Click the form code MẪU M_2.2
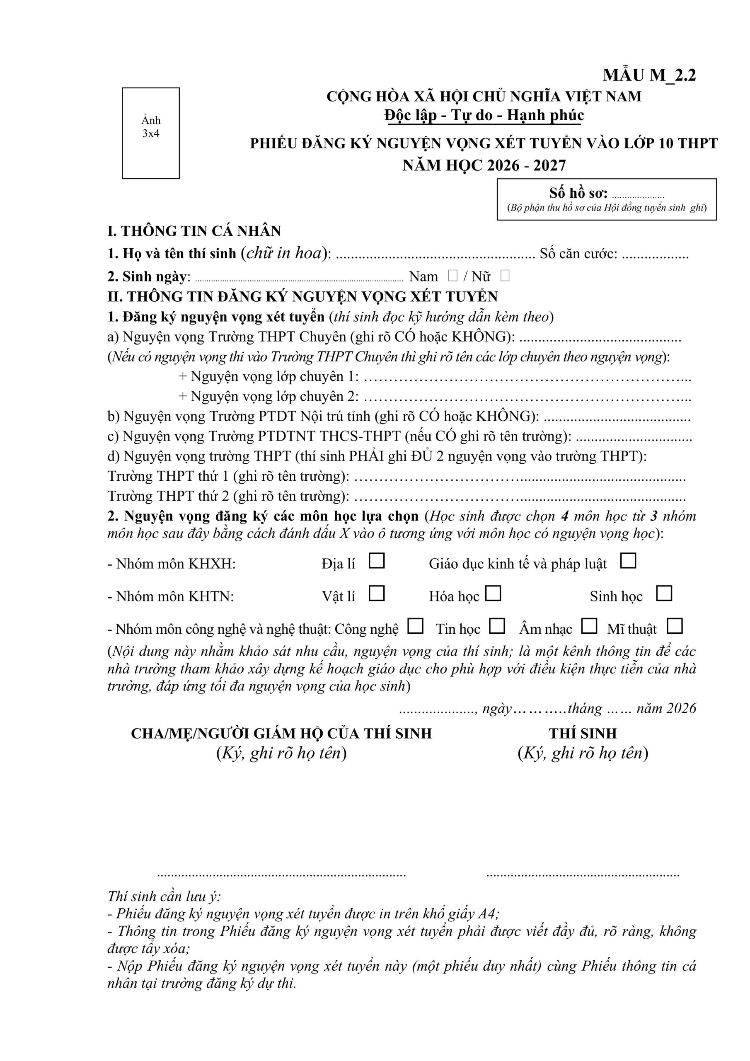click(649, 75)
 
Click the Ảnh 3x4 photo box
click(151, 133)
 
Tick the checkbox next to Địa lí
click(377, 561)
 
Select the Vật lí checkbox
click(377, 593)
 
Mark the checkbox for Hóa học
click(493, 593)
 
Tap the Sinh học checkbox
click(664, 593)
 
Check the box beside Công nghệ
click(416, 626)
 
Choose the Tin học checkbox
click(497, 626)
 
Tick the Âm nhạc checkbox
click(589, 626)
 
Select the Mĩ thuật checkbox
click(675, 626)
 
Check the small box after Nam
click(453, 276)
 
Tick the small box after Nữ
click(505, 276)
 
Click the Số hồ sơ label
click(578, 193)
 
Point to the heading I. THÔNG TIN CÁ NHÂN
click(194, 230)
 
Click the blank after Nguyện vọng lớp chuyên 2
click(527, 397)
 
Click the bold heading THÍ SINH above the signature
click(583, 733)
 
